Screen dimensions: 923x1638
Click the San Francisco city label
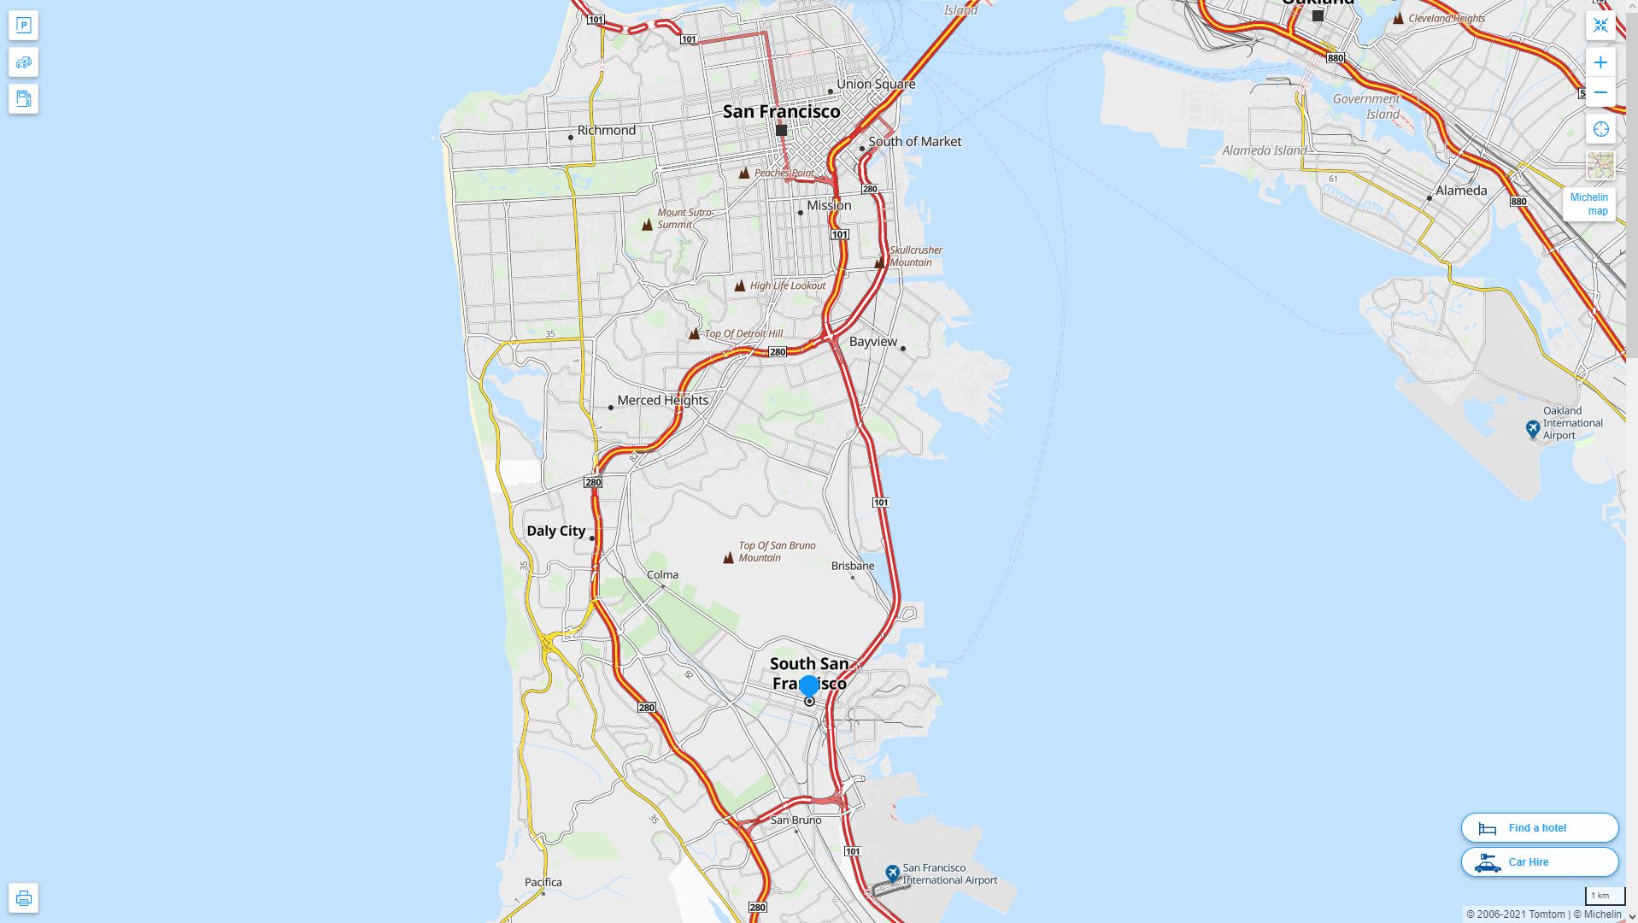781,112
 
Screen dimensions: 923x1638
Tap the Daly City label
555,531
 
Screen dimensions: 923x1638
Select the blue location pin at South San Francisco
808,685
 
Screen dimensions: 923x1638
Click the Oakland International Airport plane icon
1533,428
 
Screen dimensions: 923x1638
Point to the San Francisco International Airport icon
893,873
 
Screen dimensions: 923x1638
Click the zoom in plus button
1600,62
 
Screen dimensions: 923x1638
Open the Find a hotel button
1539,827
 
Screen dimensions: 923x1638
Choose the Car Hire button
1539,861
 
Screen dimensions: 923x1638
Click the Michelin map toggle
1588,204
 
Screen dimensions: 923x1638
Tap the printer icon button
24,898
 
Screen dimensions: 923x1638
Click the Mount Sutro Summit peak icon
647,225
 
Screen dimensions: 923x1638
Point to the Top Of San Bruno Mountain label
777,551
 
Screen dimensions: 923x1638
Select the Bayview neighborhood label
872,342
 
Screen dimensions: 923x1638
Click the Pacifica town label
543,882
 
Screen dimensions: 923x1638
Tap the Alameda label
1460,191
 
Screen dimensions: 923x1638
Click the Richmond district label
606,130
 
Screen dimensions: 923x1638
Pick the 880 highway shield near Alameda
1518,202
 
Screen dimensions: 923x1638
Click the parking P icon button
24,26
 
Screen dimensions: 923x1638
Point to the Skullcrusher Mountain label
916,256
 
